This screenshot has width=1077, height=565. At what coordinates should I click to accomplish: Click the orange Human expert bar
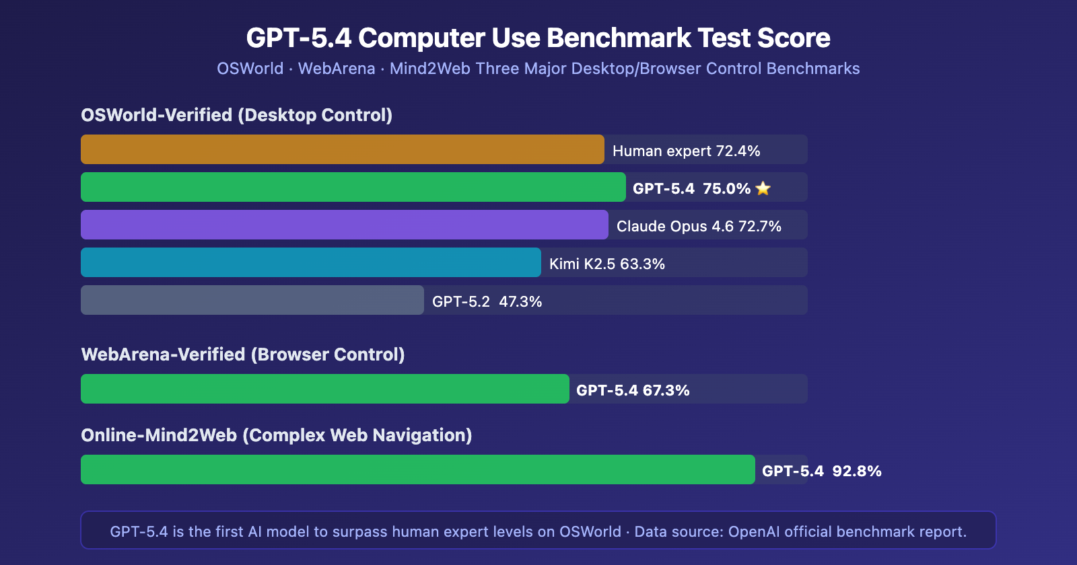coord(342,149)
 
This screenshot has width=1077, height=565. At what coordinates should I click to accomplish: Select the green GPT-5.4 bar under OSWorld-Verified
coord(353,187)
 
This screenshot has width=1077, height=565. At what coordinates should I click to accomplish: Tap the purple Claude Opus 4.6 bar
coord(344,225)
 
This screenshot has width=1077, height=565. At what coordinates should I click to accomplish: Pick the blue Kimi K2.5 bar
coord(310,262)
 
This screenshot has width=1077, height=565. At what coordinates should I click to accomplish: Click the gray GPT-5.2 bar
coord(252,300)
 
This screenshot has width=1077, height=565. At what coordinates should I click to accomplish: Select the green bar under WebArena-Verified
coord(324,389)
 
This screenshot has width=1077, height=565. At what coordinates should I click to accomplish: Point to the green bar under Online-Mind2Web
coord(417,469)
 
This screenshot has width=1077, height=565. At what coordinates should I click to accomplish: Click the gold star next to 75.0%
coord(763,188)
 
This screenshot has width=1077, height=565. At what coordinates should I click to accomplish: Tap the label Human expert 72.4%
coord(686,151)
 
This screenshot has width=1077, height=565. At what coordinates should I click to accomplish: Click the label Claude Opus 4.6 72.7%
coord(699,226)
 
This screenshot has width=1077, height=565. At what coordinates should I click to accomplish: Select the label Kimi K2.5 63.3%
coord(606,264)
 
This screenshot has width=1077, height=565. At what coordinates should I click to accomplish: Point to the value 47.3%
coord(520,301)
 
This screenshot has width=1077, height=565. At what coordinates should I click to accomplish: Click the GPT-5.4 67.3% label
coord(633,390)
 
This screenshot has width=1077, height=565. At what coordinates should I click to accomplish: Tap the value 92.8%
coord(857,471)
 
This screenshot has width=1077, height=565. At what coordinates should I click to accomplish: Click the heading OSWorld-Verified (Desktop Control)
coord(236,115)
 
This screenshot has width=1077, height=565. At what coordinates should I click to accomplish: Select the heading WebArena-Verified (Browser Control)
coord(242,354)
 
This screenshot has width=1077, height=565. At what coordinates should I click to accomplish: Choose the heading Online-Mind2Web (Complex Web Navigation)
coord(276,435)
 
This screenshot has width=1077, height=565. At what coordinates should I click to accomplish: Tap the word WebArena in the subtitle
coord(337,69)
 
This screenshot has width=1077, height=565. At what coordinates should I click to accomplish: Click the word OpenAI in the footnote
coord(754,531)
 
